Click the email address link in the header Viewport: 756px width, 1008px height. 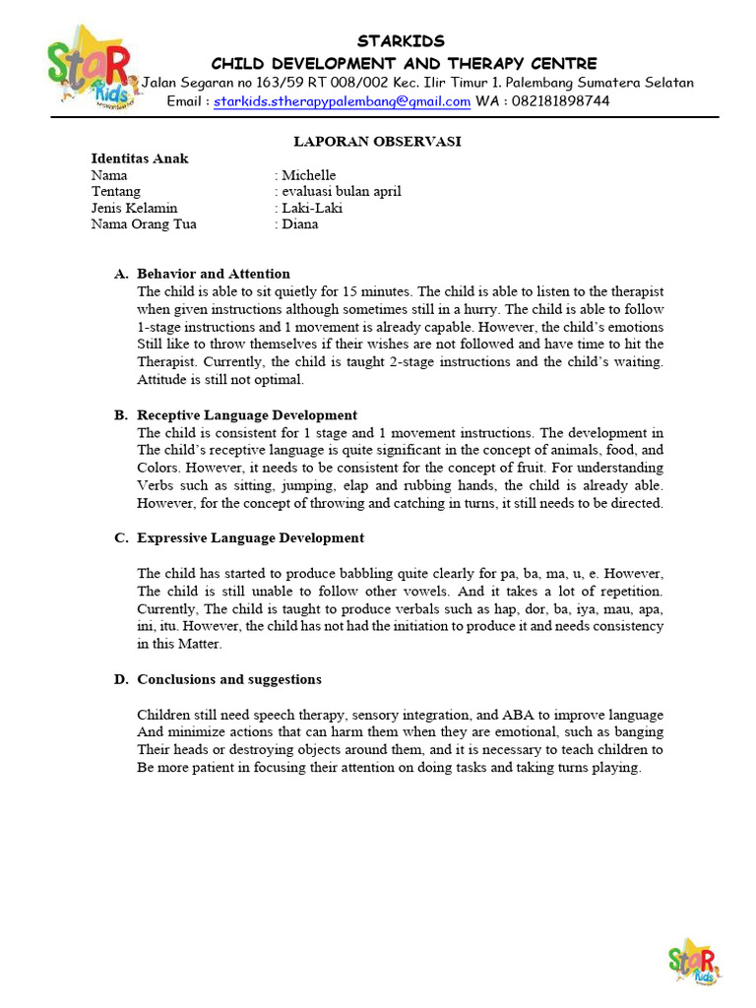coord(342,101)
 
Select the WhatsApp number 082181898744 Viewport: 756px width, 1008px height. coord(560,101)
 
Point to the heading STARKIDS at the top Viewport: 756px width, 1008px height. coord(401,41)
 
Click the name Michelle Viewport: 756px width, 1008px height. coord(308,175)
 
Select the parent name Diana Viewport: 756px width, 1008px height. coord(300,224)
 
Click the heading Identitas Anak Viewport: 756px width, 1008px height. coord(140,158)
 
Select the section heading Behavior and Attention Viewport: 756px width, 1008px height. coord(214,274)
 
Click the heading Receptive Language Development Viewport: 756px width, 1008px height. coord(247,415)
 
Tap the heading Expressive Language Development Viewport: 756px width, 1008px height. coord(250,538)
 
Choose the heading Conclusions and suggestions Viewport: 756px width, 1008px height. coord(229,680)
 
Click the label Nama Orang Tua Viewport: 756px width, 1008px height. coord(144,224)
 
